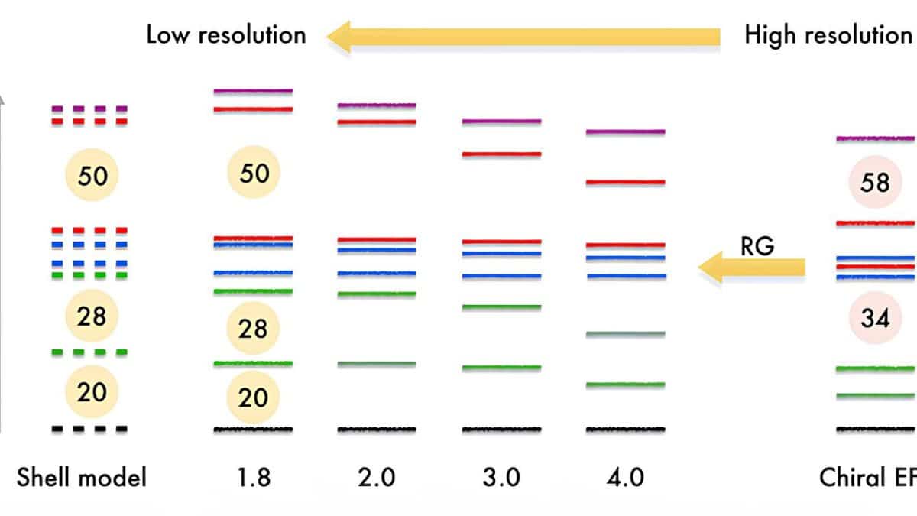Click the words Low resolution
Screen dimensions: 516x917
tap(225, 35)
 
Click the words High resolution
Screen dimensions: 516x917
tap(827, 35)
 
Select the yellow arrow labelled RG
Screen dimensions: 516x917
tap(752, 267)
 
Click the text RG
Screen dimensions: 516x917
tap(757, 245)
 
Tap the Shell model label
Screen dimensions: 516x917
tap(81, 478)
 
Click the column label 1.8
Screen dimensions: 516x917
tap(252, 478)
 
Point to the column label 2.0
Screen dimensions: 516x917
tap(377, 478)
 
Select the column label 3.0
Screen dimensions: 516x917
tap(501, 478)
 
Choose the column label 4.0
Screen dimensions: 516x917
tap(625, 478)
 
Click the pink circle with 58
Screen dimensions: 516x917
tap(875, 183)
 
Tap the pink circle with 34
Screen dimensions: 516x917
tap(875, 318)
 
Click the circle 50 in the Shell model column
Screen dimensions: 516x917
tap(93, 176)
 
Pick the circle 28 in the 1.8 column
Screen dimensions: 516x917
tap(253, 329)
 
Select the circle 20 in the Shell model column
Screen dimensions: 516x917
tap(92, 391)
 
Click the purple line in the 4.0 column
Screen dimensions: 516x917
tap(625, 131)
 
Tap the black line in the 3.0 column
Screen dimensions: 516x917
tap(501, 429)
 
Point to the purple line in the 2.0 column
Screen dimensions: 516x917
tap(377, 105)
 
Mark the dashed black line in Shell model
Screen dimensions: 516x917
tap(89, 429)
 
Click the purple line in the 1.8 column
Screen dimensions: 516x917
tap(253, 91)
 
